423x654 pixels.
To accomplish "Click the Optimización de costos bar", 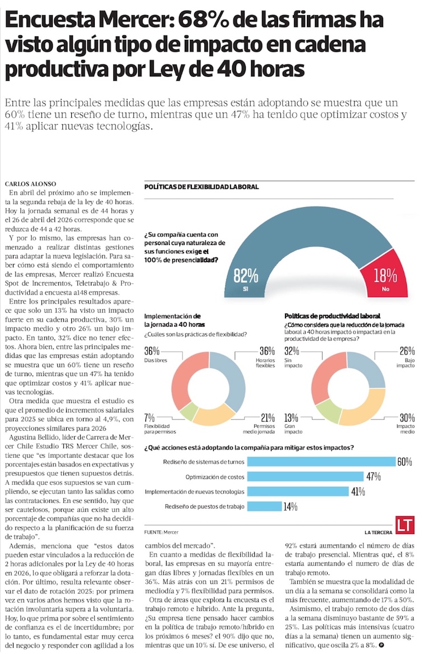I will [x=305, y=477].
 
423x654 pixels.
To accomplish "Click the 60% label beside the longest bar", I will [x=404, y=462].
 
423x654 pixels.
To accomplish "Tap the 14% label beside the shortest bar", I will [x=290, y=507].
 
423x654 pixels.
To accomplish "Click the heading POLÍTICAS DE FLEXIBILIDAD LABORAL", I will [x=201, y=187].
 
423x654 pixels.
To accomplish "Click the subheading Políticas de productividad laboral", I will [x=332, y=316].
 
